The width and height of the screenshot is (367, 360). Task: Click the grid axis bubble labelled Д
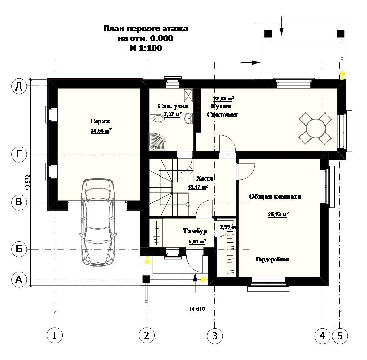point(19,87)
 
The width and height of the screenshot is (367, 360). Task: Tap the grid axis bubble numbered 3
point(215,336)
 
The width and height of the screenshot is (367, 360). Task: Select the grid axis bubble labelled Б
point(19,249)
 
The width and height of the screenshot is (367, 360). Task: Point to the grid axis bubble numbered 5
point(340,336)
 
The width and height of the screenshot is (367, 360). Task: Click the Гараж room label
point(100,121)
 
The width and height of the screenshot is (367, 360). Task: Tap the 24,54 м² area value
point(101,130)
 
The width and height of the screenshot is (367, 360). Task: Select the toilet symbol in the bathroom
point(157,119)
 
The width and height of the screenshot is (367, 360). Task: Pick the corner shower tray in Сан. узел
point(157,142)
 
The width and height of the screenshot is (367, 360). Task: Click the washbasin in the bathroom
point(189,118)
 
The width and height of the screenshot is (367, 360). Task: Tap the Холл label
point(204,179)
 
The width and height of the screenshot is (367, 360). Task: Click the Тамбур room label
point(195,231)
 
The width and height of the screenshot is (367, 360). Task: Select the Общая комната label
point(275,196)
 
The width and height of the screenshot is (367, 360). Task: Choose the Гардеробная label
point(273,259)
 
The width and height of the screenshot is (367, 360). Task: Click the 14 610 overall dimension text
point(197,309)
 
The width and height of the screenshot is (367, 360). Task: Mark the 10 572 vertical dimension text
point(28,182)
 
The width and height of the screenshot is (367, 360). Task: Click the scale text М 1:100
point(146,48)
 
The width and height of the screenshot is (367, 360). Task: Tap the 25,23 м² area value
point(278,214)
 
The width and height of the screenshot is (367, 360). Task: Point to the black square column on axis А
point(146,279)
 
